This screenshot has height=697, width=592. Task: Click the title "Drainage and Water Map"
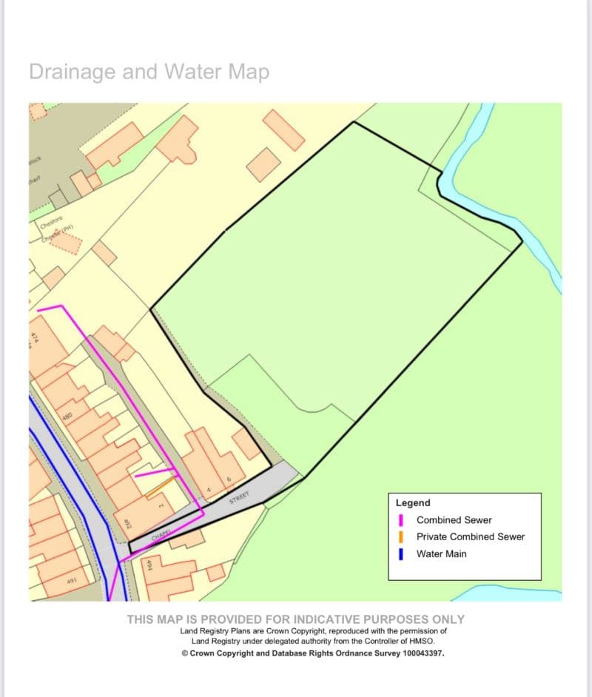(149, 72)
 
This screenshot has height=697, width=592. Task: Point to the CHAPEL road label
(161, 534)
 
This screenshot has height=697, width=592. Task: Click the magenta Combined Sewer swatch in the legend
(401, 520)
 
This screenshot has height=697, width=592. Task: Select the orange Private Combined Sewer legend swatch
(401, 536)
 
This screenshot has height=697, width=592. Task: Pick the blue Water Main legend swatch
(401, 553)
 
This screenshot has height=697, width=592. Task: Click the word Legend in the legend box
(413, 502)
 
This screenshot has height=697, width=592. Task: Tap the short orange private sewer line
(161, 486)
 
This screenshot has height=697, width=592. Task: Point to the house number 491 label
(72, 582)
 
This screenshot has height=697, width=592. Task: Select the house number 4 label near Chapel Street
(209, 490)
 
